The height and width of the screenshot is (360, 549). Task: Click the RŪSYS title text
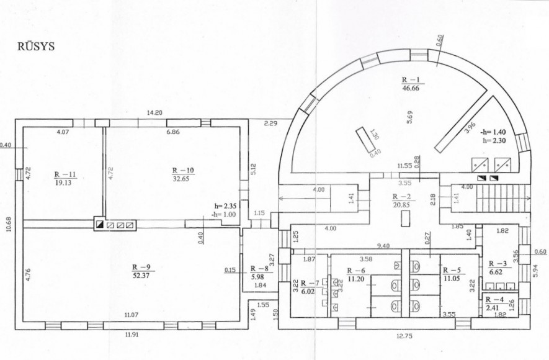(x=36, y=47)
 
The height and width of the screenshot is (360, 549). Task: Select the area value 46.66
(x=411, y=88)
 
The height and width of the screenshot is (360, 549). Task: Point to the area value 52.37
(x=141, y=276)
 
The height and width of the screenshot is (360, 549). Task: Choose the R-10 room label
(x=183, y=171)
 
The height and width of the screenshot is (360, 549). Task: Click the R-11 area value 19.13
(x=63, y=182)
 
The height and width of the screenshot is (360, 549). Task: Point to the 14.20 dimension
(x=154, y=113)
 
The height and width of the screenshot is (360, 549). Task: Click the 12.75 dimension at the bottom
(x=404, y=336)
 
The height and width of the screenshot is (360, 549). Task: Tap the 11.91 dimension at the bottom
(x=132, y=335)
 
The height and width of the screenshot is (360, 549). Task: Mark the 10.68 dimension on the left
(x=9, y=224)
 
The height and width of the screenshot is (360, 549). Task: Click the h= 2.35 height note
(x=225, y=207)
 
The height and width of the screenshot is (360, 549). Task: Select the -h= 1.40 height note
(x=493, y=132)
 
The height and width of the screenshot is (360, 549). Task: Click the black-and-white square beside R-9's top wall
(x=99, y=225)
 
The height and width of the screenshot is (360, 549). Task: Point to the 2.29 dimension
(x=270, y=124)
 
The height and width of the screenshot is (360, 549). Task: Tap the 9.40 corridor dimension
(x=383, y=246)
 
